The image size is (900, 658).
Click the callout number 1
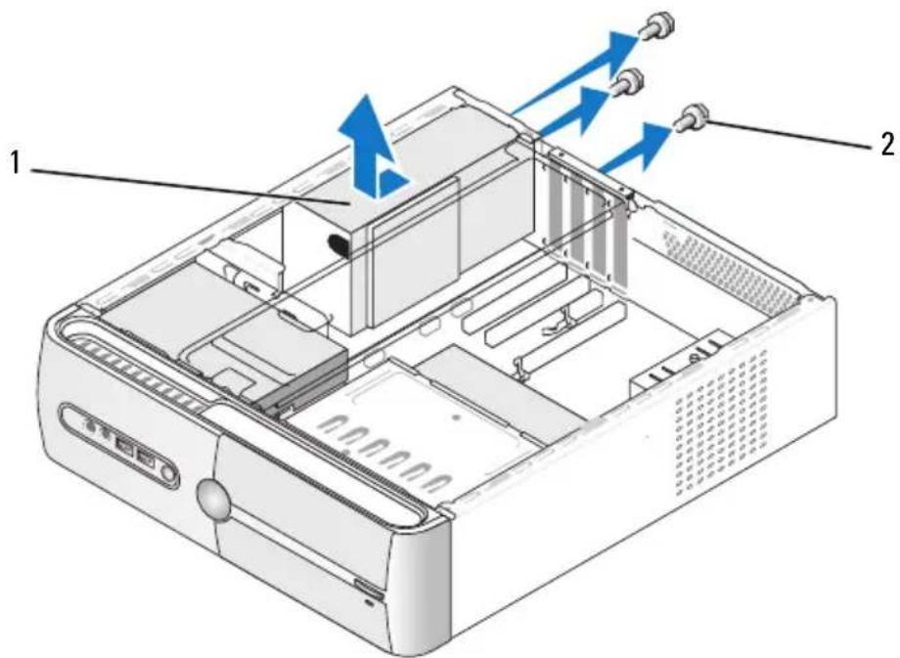coord(16,163)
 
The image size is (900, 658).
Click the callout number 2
coord(887,144)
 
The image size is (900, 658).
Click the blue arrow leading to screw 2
coord(636,148)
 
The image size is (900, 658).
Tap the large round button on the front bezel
coord(213,500)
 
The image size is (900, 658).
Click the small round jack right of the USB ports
coord(167,474)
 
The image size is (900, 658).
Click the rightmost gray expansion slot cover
coord(617,240)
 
